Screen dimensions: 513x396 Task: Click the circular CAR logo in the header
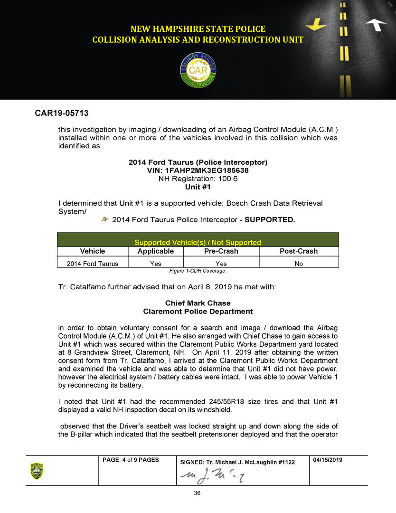[198, 70]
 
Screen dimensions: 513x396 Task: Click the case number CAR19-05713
[62, 114]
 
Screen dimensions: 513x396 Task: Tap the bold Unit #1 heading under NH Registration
[198, 187]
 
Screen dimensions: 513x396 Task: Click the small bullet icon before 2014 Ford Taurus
[105, 219]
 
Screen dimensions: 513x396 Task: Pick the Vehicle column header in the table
[93, 251]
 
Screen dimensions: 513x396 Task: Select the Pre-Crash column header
[221, 251]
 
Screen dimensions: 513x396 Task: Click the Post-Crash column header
[299, 251]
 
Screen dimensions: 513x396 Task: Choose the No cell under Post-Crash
[299, 264]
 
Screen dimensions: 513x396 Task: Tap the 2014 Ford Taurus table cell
[93, 264]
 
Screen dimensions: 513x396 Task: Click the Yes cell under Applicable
[155, 264]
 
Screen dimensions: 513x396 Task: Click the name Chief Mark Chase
[198, 303]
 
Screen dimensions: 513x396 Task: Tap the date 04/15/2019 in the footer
[329, 460]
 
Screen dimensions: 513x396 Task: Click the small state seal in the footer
[37, 471]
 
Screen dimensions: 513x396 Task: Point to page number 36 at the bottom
[197, 493]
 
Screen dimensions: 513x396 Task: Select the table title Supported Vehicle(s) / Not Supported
[198, 242]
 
